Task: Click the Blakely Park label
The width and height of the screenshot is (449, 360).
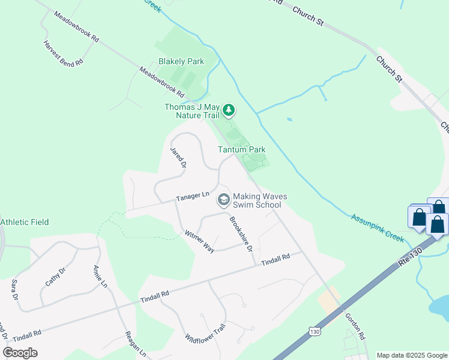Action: (181, 61)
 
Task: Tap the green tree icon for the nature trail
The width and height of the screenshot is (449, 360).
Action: (228, 110)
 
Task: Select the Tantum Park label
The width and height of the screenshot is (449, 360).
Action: (241, 149)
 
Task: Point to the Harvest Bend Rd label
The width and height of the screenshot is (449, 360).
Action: (62, 54)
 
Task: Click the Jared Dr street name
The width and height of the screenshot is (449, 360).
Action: (179, 157)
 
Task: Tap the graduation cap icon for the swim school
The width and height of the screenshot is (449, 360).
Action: (223, 199)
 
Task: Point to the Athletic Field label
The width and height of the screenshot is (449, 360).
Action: (25, 222)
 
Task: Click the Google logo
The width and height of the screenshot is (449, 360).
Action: (20, 352)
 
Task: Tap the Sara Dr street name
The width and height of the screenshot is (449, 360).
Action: (13, 289)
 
